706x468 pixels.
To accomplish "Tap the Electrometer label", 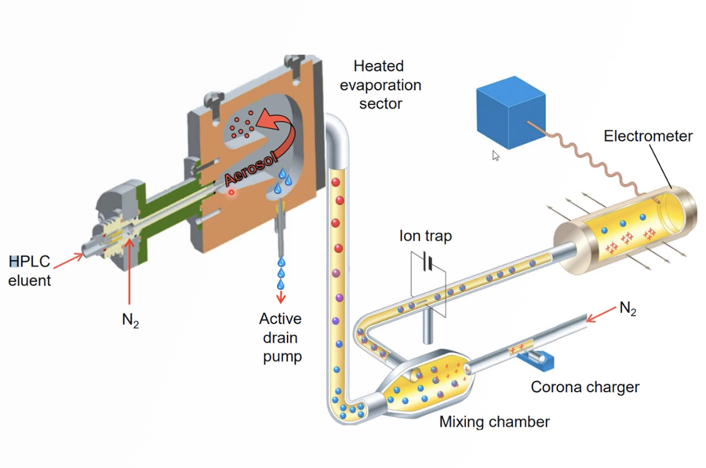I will click(x=648, y=136).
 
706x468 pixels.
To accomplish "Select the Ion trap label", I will click(x=425, y=236).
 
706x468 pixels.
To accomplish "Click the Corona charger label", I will click(x=585, y=387).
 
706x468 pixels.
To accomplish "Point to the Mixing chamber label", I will click(x=494, y=422).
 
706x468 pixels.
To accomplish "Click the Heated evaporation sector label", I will click(x=380, y=85).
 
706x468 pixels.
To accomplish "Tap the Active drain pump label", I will click(x=281, y=337).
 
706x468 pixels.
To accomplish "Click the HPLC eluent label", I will click(x=30, y=271).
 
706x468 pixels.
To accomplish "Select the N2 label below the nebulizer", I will click(x=130, y=320).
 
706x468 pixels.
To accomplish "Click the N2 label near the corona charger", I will click(x=627, y=308).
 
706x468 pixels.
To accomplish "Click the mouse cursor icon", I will click(x=496, y=155).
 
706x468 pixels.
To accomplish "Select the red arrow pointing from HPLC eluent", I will click(x=68, y=261).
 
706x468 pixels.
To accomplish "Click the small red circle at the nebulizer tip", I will click(x=231, y=192).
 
